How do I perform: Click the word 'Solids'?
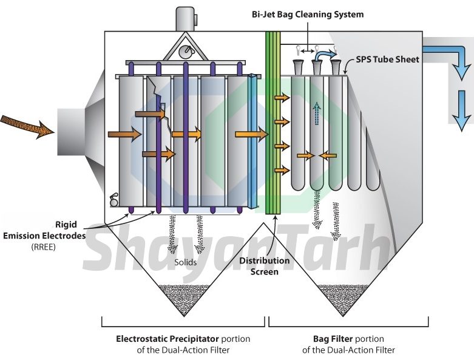(x=186, y=262)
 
